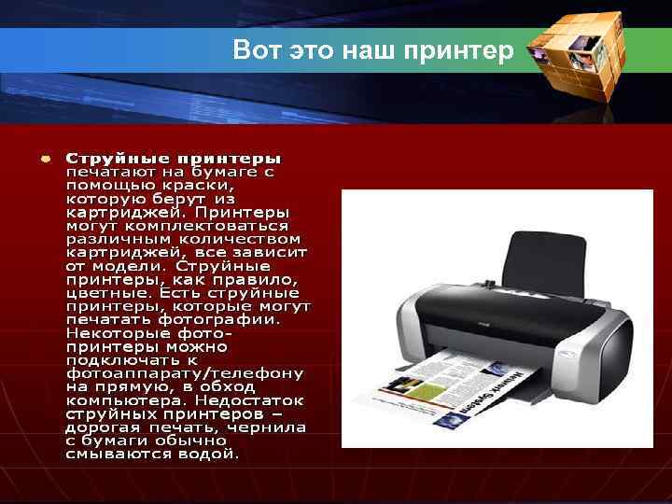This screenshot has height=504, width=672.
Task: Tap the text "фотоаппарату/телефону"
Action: (184, 373)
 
